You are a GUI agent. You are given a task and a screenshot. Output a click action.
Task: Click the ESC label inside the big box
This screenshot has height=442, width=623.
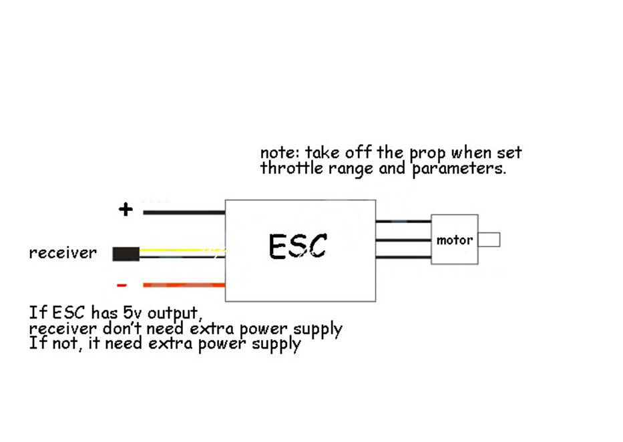298,246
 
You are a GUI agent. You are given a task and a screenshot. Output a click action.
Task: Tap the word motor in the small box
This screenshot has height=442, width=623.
455,240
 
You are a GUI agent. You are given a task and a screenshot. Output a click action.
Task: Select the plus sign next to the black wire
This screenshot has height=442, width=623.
126,210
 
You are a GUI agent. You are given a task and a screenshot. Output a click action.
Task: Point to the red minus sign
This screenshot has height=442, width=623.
122,285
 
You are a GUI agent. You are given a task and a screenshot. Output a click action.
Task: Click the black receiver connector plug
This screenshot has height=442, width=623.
126,254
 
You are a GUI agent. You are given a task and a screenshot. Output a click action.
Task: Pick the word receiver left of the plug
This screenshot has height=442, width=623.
62,254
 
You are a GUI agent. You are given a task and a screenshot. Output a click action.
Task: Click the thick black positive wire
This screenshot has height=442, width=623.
184,213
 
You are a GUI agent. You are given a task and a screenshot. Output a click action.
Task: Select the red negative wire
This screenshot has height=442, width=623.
184,285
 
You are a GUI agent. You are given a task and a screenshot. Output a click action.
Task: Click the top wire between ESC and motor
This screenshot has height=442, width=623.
403,222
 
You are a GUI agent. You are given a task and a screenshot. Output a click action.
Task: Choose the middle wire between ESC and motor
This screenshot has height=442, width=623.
403,240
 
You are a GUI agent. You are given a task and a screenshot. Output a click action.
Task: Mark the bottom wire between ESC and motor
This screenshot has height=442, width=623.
403,257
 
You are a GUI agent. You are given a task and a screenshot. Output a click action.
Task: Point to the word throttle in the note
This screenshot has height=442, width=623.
292,168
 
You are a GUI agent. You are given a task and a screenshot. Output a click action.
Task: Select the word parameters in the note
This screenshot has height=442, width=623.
458,169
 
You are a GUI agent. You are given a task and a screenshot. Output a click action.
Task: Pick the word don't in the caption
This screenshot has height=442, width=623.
122,328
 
